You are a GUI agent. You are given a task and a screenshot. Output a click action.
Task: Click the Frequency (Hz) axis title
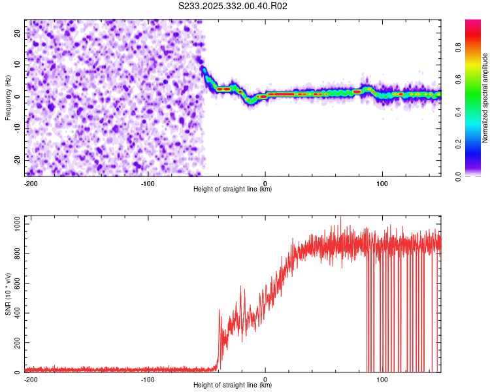tap(8, 97)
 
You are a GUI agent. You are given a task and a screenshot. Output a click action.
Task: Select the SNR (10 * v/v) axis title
tap(8, 296)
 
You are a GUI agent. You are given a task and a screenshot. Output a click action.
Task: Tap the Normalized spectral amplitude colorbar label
tap(485, 97)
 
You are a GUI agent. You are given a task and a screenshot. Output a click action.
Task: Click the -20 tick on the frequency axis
tap(17, 160)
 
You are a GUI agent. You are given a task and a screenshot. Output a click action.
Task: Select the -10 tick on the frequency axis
tap(17, 128)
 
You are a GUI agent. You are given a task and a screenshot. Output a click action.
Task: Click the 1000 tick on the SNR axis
tap(14, 224)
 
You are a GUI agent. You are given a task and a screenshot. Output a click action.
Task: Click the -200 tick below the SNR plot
tap(29, 380)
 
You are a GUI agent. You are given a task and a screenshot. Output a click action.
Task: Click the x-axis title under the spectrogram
tap(233, 189)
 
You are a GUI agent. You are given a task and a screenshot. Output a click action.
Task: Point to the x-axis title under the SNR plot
tap(233, 385)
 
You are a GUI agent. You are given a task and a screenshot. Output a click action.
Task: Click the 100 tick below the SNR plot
tap(383, 380)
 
